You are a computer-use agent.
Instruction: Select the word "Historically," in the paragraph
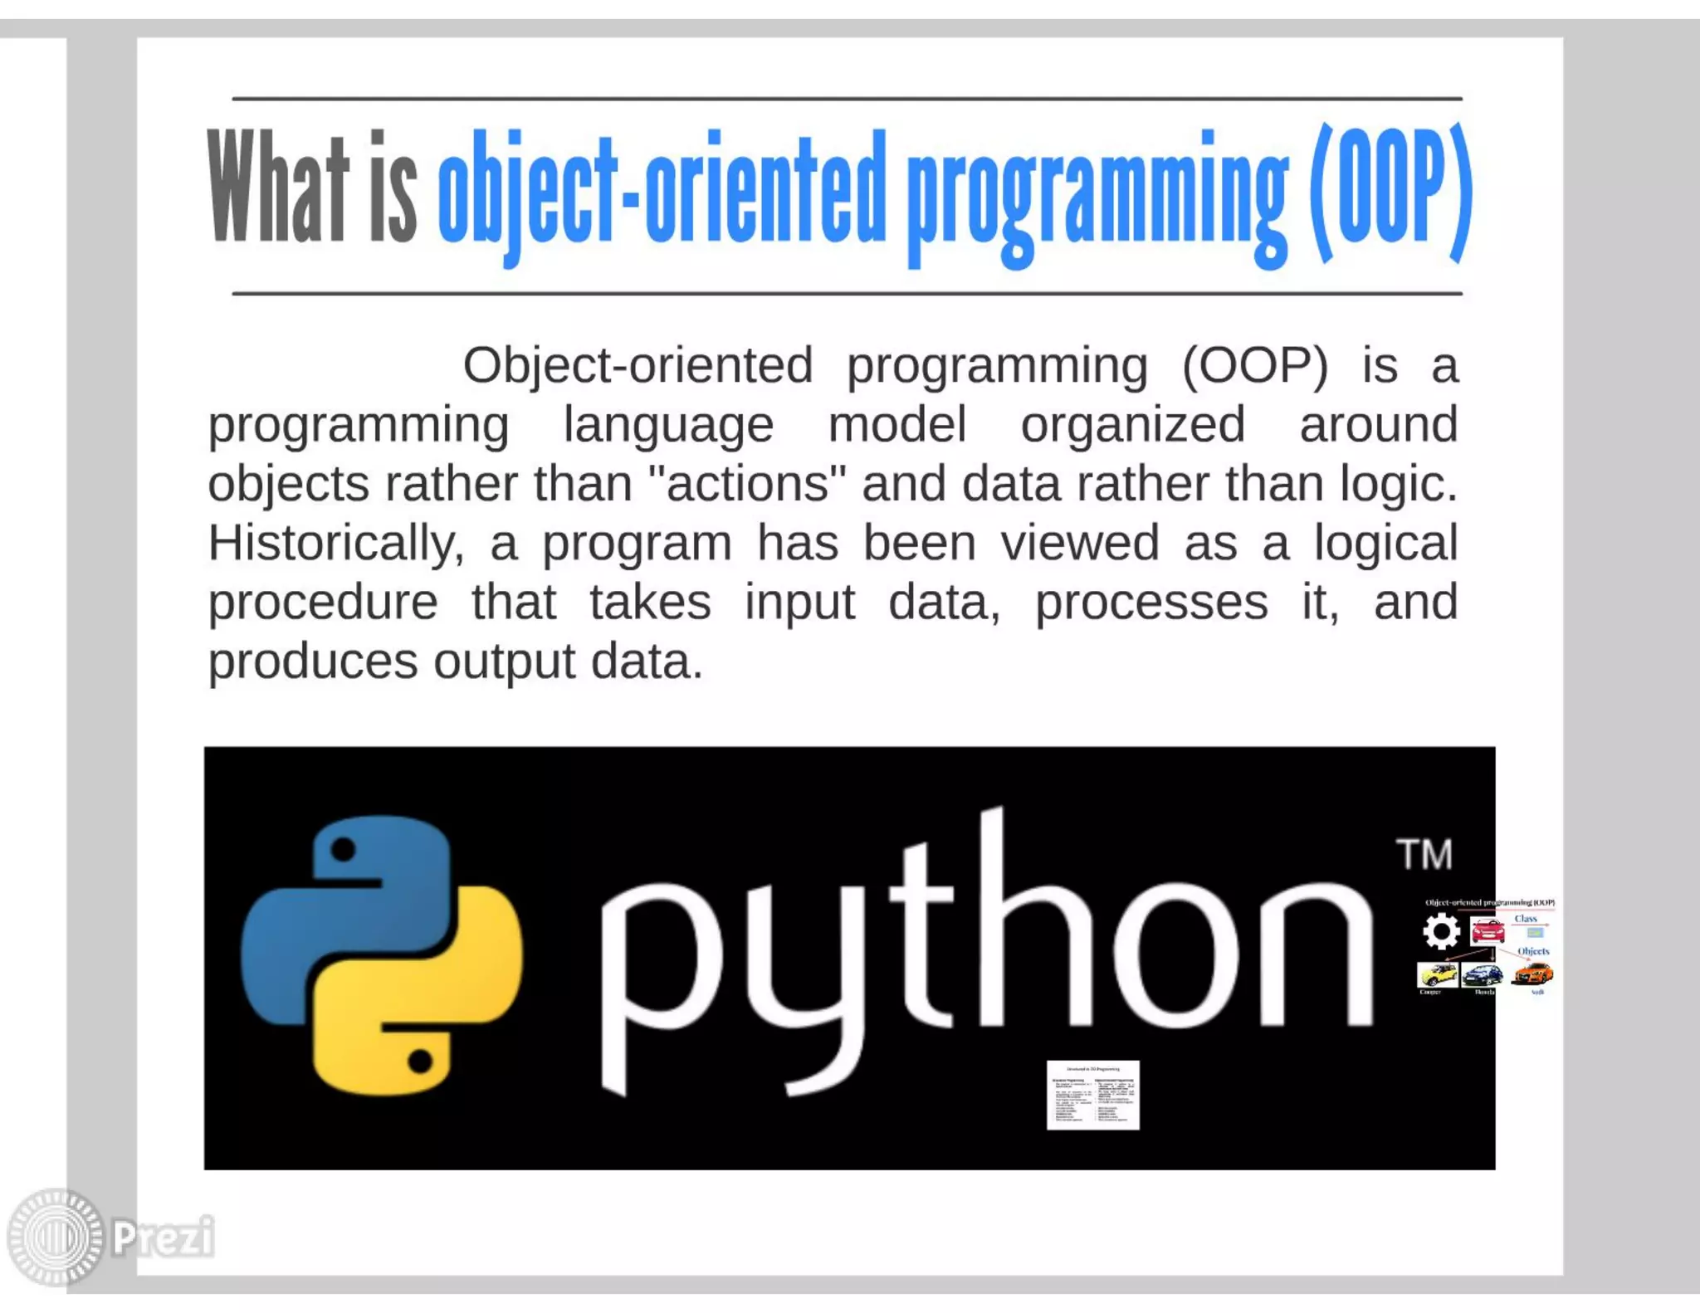point(335,544)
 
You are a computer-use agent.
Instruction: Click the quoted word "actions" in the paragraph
point(747,484)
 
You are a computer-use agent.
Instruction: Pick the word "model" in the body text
point(897,425)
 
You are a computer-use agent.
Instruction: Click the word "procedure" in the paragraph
point(323,603)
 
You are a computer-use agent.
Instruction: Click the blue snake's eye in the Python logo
point(343,849)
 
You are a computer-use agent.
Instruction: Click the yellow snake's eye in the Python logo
point(420,1061)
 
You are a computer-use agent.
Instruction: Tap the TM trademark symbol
point(1424,855)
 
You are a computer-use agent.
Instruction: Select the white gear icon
point(1441,931)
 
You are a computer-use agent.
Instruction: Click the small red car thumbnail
point(1487,930)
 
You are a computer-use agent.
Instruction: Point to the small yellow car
point(1437,974)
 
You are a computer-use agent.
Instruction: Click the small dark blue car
point(1483,974)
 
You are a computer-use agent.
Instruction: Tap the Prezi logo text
point(164,1237)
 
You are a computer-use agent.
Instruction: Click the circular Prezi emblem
point(56,1237)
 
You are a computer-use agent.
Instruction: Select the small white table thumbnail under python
point(1092,1095)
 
